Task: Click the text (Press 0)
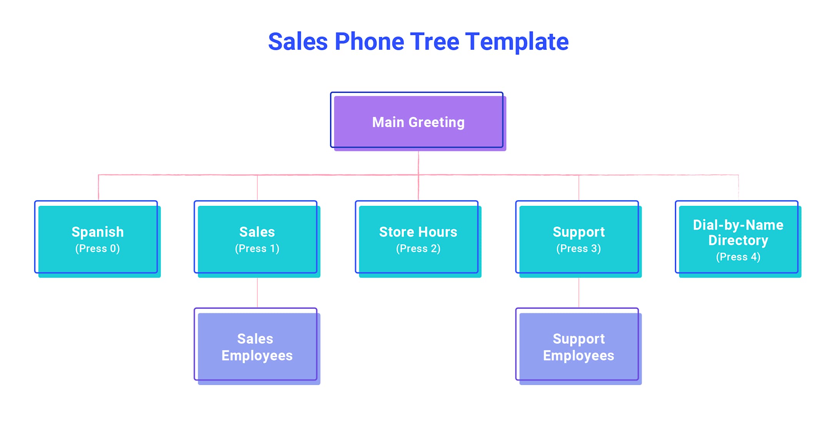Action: pos(97,248)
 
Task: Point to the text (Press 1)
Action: pos(257,248)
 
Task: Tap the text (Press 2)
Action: pos(418,248)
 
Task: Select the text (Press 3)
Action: pos(578,248)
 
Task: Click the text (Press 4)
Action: pos(738,257)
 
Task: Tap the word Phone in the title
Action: pos(369,42)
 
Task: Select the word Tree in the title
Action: pos(434,42)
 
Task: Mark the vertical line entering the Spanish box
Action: pos(98,188)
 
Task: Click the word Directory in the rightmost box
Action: pos(738,240)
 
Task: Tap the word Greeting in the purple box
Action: pos(436,123)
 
